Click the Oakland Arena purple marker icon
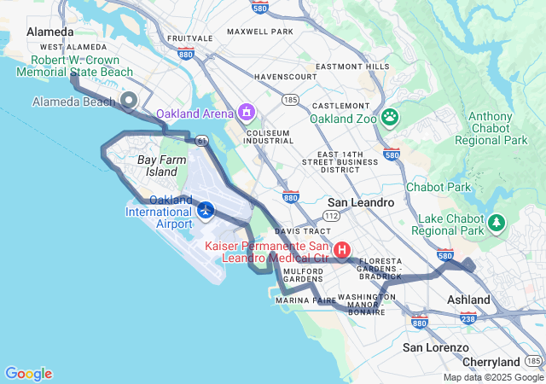click(x=247, y=112)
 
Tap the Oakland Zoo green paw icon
click(x=390, y=117)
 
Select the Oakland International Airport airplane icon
click(x=205, y=209)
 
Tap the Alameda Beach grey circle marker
click(x=129, y=101)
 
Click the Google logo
click(x=28, y=373)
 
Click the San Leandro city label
click(x=361, y=203)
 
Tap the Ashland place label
click(x=469, y=300)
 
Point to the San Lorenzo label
click(x=435, y=347)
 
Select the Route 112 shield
click(x=332, y=216)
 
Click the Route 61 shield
click(x=200, y=140)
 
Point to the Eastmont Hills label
click(x=351, y=67)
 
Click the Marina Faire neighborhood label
click(x=305, y=300)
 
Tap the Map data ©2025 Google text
click(x=492, y=377)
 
